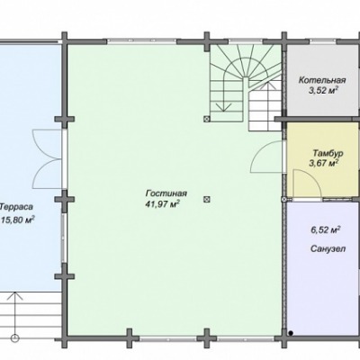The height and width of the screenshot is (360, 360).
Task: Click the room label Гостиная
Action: [x=166, y=193]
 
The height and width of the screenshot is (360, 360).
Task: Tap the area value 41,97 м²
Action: [x=162, y=204]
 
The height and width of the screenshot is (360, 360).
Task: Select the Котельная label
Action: [x=322, y=80]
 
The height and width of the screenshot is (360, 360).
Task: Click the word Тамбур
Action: [x=328, y=153]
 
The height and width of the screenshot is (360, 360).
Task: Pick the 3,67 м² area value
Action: [x=324, y=164]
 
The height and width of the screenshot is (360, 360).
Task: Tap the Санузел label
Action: [x=328, y=249]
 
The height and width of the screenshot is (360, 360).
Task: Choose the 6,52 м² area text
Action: [x=325, y=230]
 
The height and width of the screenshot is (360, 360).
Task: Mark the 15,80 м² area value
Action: [x=17, y=220]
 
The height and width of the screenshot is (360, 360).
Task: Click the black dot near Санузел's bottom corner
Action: [x=291, y=333]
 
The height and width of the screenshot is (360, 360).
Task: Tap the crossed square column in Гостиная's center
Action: [x=206, y=199]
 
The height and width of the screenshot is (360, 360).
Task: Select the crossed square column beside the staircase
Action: [x=206, y=119]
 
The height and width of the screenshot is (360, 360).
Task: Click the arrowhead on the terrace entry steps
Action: [x=15, y=296]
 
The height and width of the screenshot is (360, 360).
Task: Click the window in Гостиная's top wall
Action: [x=141, y=41]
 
